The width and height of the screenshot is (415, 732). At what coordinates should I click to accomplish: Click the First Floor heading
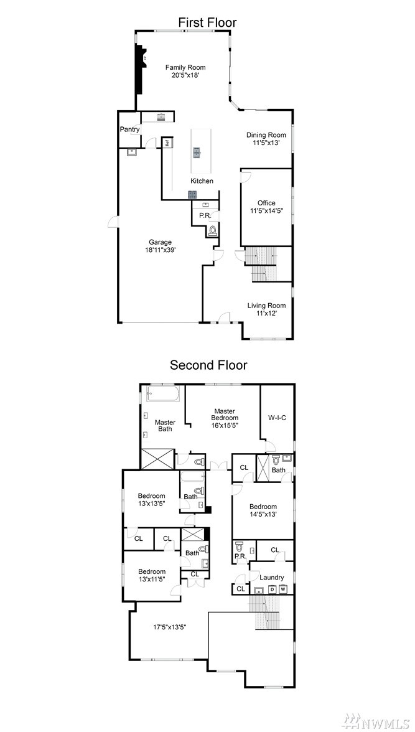coord(207,22)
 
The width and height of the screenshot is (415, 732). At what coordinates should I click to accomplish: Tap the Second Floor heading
coord(208,365)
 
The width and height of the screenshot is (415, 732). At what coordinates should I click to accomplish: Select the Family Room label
coord(185,67)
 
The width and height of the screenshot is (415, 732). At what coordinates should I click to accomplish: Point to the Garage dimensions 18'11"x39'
coord(161,249)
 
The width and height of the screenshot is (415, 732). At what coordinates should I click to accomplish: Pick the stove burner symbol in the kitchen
coord(193,195)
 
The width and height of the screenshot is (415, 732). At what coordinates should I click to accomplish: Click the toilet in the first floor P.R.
coord(214,230)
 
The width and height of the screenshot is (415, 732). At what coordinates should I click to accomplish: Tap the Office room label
coord(266,203)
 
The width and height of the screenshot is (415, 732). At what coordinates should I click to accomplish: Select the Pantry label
coord(130,129)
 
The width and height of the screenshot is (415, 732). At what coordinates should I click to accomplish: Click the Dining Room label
coord(266,136)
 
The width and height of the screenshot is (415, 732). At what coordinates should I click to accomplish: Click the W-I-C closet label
coord(277,417)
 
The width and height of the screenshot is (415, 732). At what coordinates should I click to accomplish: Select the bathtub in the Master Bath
coord(164,394)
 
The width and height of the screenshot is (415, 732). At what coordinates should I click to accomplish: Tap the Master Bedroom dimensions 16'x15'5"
coord(223,425)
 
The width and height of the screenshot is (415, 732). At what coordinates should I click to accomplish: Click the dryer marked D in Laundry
coord(273,589)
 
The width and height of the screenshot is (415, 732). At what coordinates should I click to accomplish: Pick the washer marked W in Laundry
coord(282,589)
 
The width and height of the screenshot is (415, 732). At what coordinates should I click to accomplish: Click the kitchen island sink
coord(197,151)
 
